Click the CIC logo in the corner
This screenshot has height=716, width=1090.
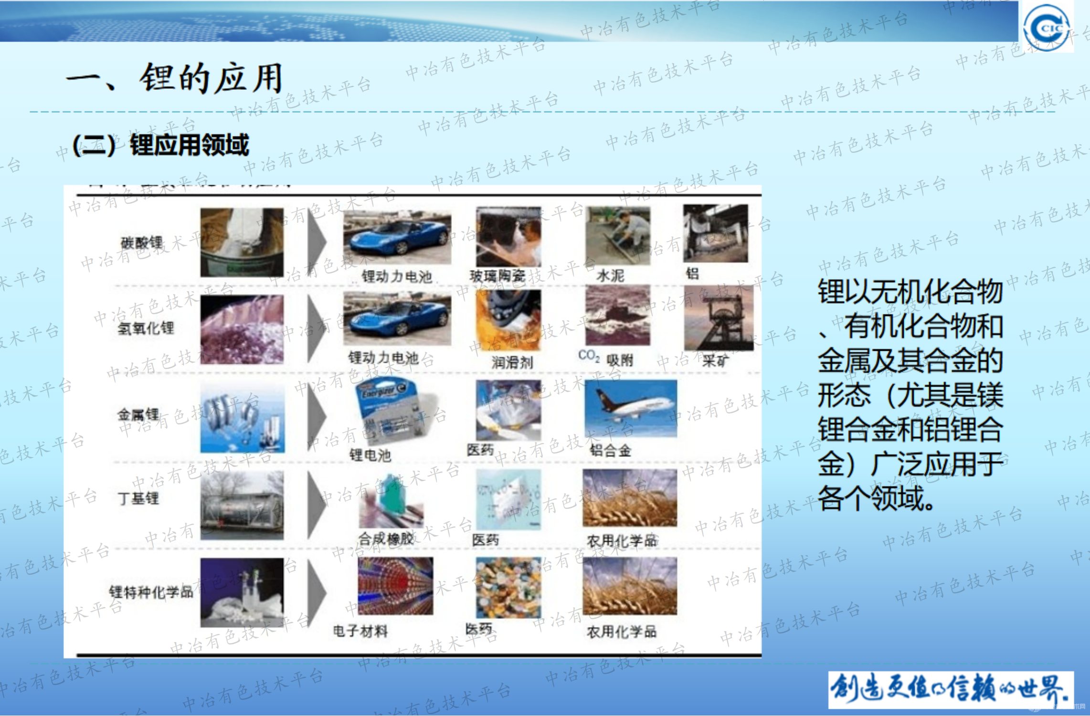pos(1047,27)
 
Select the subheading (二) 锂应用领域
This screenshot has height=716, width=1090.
pos(160,145)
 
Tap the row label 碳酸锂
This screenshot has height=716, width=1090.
pos(141,243)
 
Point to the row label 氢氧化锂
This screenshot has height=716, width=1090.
pos(146,328)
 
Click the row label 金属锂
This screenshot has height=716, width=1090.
pos(138,414)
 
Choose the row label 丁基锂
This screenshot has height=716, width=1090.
pos(138,499)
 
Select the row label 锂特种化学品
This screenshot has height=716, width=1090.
pos(151,592)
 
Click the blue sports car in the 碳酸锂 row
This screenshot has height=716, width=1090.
pos(397,237)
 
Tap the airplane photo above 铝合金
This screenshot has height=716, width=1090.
pos(630,408)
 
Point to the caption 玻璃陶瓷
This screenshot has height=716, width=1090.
pos(497,275)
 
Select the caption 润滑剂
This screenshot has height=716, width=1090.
pos(512,362)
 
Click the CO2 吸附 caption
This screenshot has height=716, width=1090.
pos(605,358)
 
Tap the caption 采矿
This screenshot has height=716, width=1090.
pos(715,361)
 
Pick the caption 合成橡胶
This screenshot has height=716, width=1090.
pos(386,539)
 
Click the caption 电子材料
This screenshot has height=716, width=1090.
pos(360,631)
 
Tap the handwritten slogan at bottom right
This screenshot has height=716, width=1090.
pos(950,689)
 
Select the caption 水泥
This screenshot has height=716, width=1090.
pos(610,275)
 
